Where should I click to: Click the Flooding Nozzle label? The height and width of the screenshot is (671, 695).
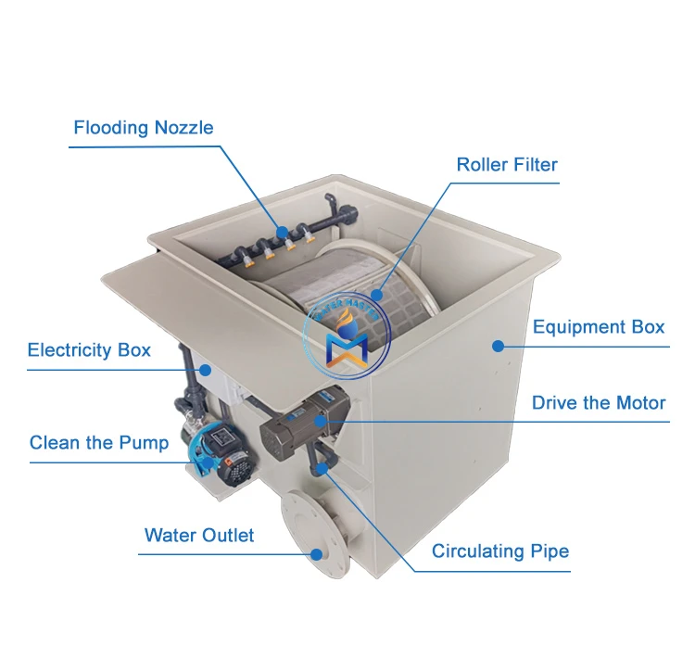tap(144, 128)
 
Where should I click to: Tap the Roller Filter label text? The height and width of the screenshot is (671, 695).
tap(507, 166)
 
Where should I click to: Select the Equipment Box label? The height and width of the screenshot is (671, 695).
tap(599, 327)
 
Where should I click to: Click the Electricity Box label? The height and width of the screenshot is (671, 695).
tap(89, 350)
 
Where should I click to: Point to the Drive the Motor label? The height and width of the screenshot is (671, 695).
tap(599, 403)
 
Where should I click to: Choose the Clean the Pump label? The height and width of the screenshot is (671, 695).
tap(99, 443)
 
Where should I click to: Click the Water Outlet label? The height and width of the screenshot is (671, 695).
tap(199, 536)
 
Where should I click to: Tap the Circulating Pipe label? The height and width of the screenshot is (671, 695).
tap(500, 552)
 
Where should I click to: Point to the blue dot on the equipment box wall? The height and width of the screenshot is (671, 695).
tap(498, 346)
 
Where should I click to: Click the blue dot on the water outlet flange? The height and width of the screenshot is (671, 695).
tap(316, 554)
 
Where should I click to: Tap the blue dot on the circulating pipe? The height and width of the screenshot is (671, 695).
tap(321, 469)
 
